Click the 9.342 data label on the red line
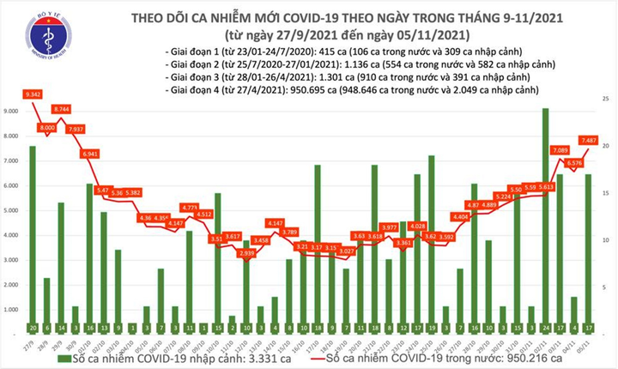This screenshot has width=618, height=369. click(x=34, y=93)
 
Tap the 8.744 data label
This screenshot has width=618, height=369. click(x=62, y=110)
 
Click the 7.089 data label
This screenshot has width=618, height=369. click(x=560, y=150)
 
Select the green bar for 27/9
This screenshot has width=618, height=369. click(x=33, y=232)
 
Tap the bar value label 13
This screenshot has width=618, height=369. click(x=104, y=327)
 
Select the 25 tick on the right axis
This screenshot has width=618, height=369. click(x=606, y=101)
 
